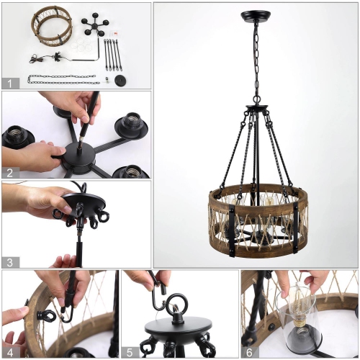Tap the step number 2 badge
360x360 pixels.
click(x=9, y=172)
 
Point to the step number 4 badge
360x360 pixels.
click(x=9, y=351)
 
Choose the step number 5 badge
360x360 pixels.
click(x=130, y=351)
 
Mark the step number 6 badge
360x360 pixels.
click(x=249, y=351)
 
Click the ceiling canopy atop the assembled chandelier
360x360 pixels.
click(x=256, y=14)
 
